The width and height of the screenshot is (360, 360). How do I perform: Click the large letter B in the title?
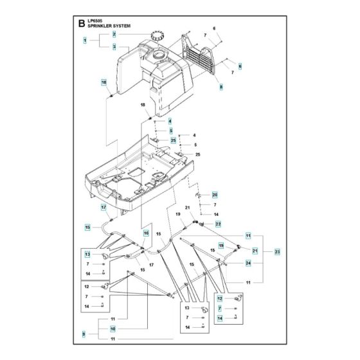[x=80, y=24]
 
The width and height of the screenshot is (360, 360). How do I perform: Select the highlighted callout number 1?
[x=85, y=40]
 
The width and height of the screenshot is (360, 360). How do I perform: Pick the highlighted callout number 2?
[x=114, y=33]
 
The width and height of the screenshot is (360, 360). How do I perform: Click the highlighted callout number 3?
[x=114, y=47]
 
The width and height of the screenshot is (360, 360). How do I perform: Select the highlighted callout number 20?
[x=216, y=195]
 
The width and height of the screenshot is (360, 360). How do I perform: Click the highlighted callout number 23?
[x=277, y=251]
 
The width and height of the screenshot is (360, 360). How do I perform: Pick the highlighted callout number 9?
[x=85, y=334]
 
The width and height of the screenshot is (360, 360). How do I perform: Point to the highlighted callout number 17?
[x=102, y=208]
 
